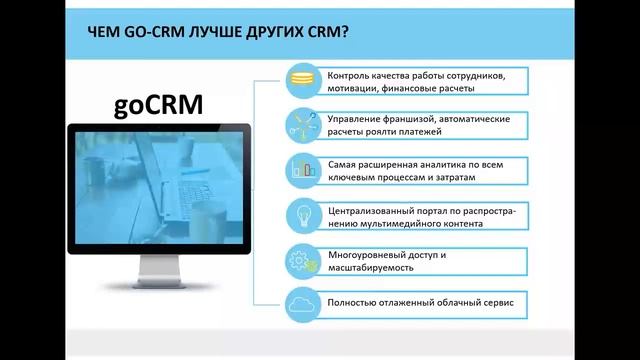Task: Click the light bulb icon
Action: click(x=301, y=215)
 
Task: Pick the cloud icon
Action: click(x=301, y=301)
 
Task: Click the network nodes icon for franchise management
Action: click(x=301, y=123)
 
